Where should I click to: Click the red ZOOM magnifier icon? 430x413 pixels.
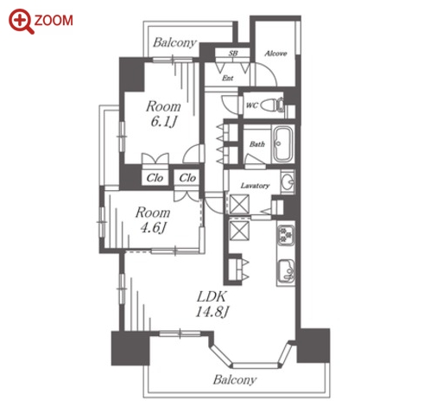tap(20, 21)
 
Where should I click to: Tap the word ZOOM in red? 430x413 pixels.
tap(54, 21)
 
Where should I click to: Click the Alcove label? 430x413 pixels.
tap(275, 54)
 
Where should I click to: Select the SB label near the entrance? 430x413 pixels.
tap(233, 54)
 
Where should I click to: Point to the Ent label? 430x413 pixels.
tap(228, 78)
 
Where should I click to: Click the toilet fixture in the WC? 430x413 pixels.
tap(273, 105)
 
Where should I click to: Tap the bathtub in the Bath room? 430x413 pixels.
tap(282, 143)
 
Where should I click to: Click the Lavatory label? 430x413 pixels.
tap(255, 186)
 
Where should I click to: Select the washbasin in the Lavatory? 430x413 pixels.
tap(288, 182)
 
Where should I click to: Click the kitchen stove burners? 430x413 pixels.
tap(285, 234)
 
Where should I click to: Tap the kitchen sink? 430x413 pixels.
tap(286, 271)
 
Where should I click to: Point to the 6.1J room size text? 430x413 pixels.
tap(163, 122)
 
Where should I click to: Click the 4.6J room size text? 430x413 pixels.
tap(153, 228)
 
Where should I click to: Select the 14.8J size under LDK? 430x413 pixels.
tap(212, 312)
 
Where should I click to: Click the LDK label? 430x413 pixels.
tap(212, 296)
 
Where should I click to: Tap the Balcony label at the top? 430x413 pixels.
tap(174, 42)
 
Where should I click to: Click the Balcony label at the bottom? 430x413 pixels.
tap(235, 380)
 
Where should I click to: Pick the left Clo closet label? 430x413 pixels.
tap(155, 178)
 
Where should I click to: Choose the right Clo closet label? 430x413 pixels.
tap(187, 178)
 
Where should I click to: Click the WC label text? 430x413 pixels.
tap(252, 105)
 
